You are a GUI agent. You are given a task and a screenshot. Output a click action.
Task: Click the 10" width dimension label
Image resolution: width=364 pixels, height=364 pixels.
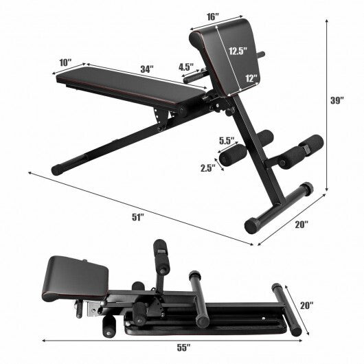point(66,62)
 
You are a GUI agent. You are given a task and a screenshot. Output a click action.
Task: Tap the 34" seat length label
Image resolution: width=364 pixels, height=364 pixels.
point(146,69)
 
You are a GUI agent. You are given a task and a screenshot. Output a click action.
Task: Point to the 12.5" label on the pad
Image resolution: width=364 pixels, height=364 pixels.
point(238,50)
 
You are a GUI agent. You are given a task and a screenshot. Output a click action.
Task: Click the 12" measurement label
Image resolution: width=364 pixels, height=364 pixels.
point(250,79)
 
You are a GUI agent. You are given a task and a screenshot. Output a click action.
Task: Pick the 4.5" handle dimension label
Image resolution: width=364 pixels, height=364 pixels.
point(185,67)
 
